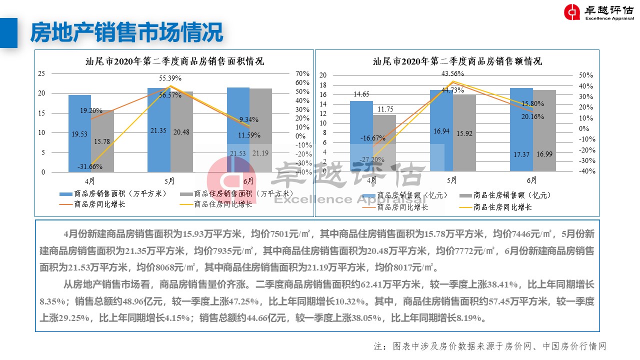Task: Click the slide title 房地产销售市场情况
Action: point(126,33)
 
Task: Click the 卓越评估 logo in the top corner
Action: point(598,12)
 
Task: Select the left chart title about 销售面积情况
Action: point(174,61)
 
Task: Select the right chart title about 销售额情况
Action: point(457,61)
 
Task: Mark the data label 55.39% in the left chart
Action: point(170,78)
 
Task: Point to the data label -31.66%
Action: point(89,166)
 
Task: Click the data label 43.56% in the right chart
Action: point(452,74)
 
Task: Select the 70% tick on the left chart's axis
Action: point(303,73)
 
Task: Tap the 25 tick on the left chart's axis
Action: point(41,73)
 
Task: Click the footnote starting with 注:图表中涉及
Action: point(489,346)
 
